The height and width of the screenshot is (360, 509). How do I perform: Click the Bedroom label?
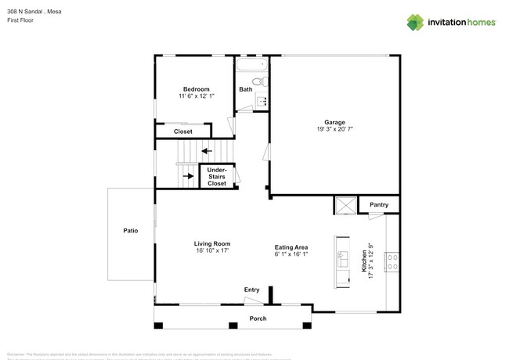click(x=196, y=89)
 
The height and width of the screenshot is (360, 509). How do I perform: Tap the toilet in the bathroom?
click(x=262, y=82)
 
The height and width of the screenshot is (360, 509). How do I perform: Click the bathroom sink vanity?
click(x=263, y=100)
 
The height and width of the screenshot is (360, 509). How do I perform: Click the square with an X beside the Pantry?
click(x=345, y=205)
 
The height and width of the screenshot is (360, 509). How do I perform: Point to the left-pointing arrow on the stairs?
click(x=206, y=151)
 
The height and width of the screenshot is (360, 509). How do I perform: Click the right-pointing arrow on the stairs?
click(x=188, y=176)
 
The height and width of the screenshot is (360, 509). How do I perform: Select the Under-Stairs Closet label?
click(x=217, y=176)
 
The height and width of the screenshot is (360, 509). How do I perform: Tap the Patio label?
click(x=131, y=231)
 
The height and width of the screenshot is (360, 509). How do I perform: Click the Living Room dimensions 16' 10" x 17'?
click(x=211, y=251)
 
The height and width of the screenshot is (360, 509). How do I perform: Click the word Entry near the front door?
click(x=251, y=290)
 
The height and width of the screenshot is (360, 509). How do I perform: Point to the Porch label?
click(x=258, y=319)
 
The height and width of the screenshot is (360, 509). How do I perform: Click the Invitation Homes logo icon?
click(x=415, y=22)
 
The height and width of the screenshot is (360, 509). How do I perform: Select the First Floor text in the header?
click(x=21, y=20)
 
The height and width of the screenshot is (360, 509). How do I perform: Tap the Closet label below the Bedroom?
click(x=182, y=131)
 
